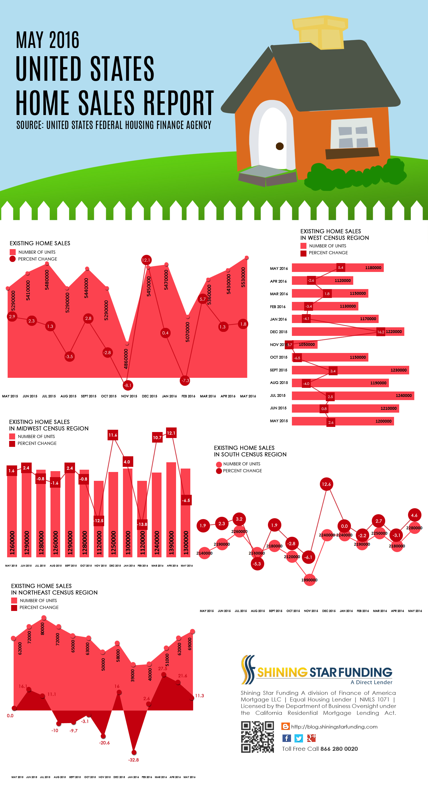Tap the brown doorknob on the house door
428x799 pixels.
(279, 146)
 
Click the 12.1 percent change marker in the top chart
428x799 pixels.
(146, 260)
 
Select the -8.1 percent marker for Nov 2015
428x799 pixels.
(128, 385)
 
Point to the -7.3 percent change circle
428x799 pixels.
(185, 380)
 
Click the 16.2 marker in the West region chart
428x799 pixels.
(381, 332)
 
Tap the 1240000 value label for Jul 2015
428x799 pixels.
(403, 396)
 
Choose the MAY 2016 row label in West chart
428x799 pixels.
(278, 268)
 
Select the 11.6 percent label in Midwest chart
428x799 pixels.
(113, 435)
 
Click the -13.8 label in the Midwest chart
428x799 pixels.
(142, 524)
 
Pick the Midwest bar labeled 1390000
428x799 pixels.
(171, 509)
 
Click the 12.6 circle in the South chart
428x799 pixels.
(326, 484)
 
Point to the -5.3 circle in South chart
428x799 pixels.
(257, 564)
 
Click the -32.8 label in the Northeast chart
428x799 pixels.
(133, 760)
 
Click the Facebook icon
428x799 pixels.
(286, 738)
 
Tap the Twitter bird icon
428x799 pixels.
(299, 738)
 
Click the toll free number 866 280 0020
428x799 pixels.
(339, 749)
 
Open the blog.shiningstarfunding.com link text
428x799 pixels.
(334, 727)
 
